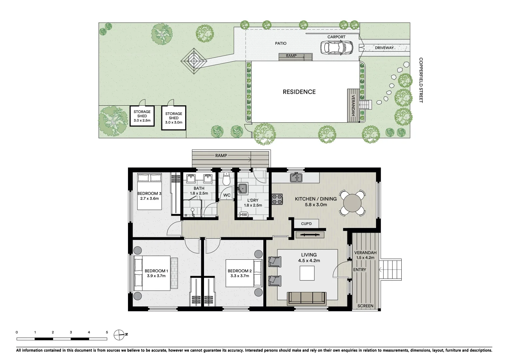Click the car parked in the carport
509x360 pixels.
coord(336,48)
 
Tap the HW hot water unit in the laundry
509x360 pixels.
coord(244,215)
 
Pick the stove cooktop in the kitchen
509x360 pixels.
coord(277,199)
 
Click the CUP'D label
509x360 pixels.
coord(306,224)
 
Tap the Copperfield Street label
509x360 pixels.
coord(421,80)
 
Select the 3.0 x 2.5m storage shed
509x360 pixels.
coord(142,116)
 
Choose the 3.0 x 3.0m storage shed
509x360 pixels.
coord(174,118)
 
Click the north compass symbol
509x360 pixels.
coord(119,334)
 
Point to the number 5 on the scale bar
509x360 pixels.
coord(107,332)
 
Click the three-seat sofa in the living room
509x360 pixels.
coord(307,298)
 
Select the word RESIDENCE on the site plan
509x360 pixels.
coord(299,92)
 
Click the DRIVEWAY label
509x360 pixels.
coord(384,48)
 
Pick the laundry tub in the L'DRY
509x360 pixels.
coord(243,189)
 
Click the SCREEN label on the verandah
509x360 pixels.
coord(365,306)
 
